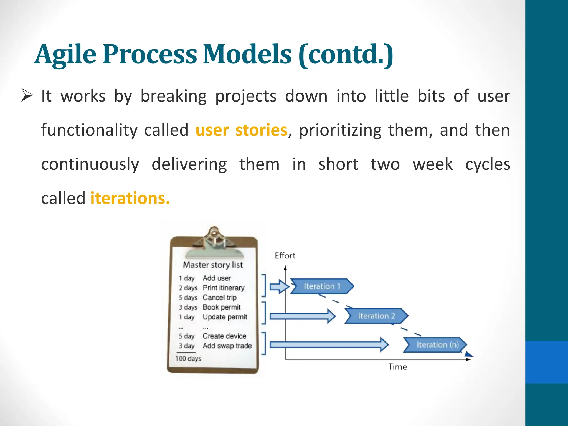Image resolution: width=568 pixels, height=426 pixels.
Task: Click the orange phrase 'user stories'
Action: click(241, 130)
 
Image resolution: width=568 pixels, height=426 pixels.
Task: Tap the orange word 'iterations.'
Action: click(130, 198)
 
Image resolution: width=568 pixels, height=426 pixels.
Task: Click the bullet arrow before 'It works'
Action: click(27, 96)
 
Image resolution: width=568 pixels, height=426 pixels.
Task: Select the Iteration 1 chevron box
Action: click(322, 286)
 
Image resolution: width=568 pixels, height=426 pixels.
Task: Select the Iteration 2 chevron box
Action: click(376, 316)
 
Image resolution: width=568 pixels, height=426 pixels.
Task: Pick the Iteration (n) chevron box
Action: click(435, 345)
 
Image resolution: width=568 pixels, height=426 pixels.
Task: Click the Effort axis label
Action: click(285, 256)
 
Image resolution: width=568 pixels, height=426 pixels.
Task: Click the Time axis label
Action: click(397, 367)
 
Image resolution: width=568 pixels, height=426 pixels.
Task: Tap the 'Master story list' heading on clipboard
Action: click(213, 265)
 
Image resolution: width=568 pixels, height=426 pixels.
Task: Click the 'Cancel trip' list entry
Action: click(219, 298)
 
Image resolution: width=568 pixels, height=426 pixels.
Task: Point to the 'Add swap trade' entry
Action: click(227, 346)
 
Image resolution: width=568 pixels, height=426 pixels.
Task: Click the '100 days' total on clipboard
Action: click(188, 359)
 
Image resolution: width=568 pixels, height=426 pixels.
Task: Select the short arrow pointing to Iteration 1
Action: click(279, 286)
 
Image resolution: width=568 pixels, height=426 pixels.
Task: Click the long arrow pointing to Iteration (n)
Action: click(329, 345)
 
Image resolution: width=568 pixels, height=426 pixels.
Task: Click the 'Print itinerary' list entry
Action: click(224, 288)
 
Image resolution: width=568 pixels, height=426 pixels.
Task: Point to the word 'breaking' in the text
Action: click(173, 96)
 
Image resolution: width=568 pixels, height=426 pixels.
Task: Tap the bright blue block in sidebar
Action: click(546, 362)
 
